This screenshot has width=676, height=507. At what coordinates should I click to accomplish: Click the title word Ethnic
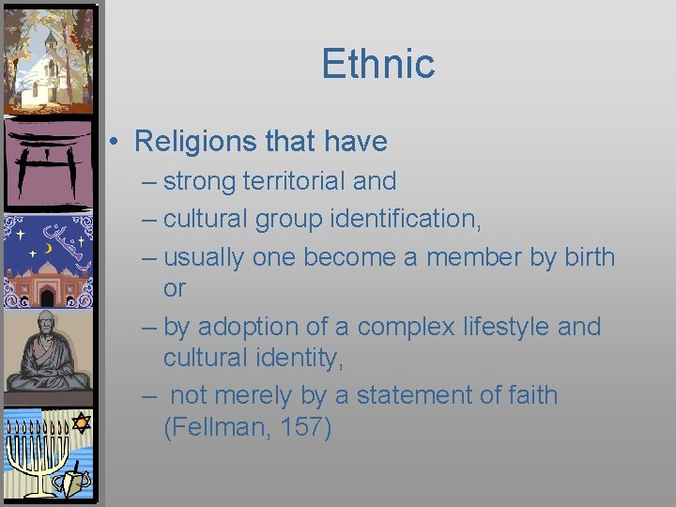point(378,64)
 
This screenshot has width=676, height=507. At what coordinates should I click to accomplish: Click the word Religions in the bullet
point(192,142)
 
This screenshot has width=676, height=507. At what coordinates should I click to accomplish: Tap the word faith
point(526,395)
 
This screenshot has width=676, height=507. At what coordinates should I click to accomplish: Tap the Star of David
point(81,422)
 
